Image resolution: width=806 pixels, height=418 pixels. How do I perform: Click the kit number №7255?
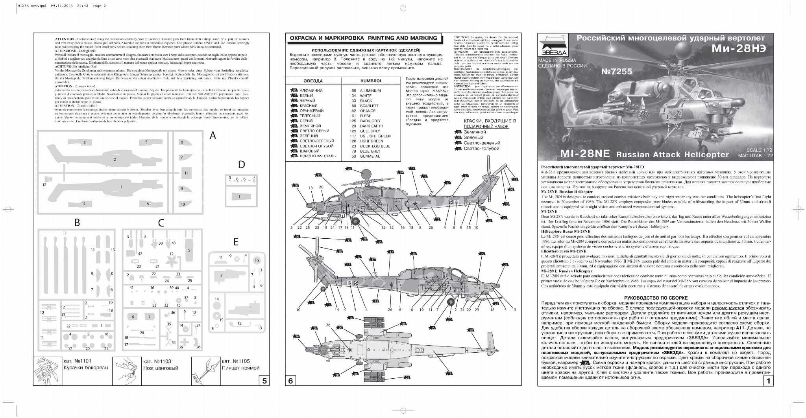[x=617, y=72]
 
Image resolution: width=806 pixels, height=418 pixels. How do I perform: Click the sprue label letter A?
[x=213, y=136]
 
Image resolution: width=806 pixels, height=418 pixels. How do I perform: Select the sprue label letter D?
[x=242, y=164]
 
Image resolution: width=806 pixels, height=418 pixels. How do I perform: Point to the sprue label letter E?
[x=236, y=242]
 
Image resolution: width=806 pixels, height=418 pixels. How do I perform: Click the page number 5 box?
[x=264, y=381]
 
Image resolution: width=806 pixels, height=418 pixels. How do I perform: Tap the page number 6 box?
[x=291, y=381]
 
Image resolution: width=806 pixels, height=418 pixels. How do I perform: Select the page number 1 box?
[x=768, y=381]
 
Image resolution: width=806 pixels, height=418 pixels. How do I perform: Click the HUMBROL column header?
[x=371, y=81]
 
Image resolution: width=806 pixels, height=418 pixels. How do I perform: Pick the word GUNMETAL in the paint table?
[x=370, y=156]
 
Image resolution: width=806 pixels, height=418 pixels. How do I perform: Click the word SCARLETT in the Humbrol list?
[x=369, y=106]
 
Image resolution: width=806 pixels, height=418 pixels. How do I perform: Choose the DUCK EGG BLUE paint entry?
[x=375, y=146]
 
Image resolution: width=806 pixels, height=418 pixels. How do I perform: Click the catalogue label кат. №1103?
[x=157, y=361]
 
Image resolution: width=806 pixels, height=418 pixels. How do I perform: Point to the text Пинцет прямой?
[x=240, y=368]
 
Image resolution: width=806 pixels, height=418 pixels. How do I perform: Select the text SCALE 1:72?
[x=760, y=150]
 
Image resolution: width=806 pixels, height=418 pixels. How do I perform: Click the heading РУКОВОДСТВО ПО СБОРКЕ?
[x=656, y=298]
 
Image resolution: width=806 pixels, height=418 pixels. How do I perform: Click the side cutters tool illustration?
[x=48, y=371]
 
